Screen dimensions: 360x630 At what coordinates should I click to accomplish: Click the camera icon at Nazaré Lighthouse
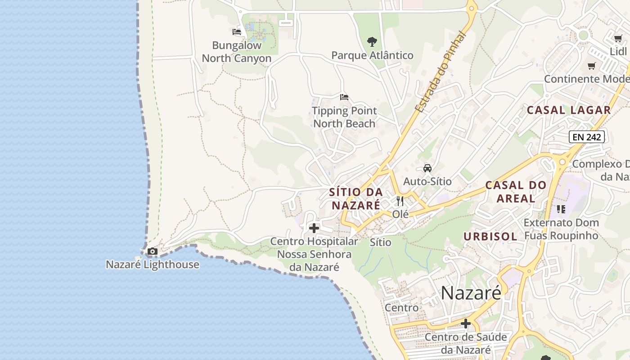(153, 252)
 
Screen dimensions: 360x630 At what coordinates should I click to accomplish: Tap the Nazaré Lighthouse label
(153, 264)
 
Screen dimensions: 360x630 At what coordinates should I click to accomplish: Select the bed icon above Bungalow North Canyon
(237, 32)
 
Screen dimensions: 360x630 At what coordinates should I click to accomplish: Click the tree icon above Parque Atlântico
(372, 42)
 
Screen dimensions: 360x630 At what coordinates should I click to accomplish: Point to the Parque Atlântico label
(372, 55)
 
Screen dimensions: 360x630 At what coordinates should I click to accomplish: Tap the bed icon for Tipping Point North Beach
(344, 97)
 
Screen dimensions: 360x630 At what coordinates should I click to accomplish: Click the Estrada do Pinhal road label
(440, 72)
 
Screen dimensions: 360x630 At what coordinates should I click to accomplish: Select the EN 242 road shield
(586, 137)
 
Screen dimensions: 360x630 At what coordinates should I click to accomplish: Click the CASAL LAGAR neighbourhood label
(569, 110)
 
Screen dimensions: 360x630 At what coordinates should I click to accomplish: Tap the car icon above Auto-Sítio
(427, 168)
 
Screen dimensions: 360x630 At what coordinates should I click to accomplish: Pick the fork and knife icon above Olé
(400, 201)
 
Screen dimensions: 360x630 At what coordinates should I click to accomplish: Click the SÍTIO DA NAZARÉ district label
(356, 198)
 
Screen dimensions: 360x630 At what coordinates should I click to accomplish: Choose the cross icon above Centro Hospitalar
(314, 228)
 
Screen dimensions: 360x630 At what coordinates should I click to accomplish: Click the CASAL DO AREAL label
(516, 191)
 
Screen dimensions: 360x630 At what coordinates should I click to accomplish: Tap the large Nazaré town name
(471, 293)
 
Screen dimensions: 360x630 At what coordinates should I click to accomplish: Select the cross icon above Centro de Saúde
(466, 324)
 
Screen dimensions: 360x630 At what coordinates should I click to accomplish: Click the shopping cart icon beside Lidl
(618, 39)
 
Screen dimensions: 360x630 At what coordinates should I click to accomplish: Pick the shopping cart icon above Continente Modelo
(592, 66)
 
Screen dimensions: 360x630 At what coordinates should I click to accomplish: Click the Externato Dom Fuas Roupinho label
(561, 229)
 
